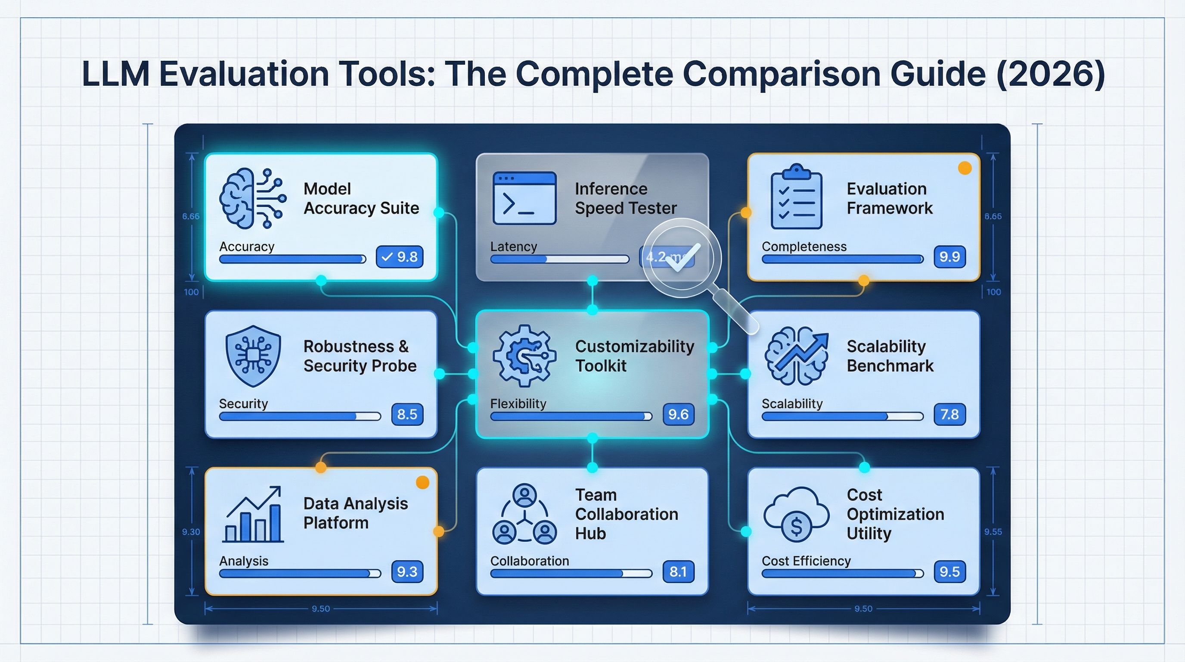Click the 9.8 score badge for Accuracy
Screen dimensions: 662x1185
click(x=399, y=256)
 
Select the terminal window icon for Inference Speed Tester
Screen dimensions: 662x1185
click(x=524, y=198)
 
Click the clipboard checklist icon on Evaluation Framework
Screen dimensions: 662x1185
click(x=796, y=197)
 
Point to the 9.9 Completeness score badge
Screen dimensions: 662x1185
click(x=949, y=256)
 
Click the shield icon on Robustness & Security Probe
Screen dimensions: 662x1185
click(x=253, y=356)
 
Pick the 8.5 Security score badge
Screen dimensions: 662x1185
click(x=407, y=414)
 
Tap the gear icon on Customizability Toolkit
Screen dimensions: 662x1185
click(x=524, y=356)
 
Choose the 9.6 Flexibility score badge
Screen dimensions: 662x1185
click(x=678, y=414)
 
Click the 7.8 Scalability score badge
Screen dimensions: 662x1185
click(x=949, y=414)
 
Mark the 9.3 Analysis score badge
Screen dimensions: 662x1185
click(x=407, y=571)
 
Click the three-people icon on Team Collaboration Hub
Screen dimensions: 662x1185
click(x=524, y=514)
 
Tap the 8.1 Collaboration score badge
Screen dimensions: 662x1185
click(x=678, y=571)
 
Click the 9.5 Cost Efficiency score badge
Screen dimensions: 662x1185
click(x=949, y=571)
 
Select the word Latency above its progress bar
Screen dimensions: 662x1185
click(x=513, y=247)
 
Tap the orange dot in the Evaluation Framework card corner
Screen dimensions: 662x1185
click(x=965, y=169)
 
